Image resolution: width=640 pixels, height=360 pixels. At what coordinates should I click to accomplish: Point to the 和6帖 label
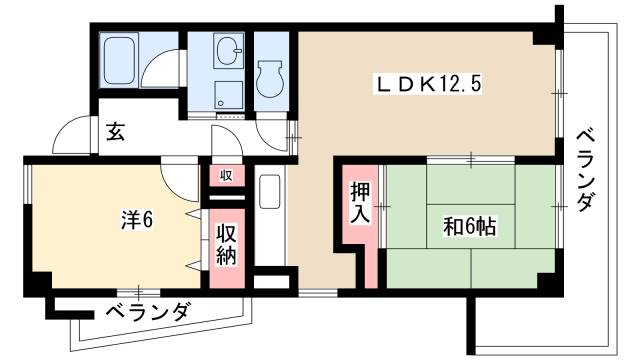(470, 227)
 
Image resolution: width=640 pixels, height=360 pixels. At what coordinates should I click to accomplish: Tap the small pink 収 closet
(226, 175)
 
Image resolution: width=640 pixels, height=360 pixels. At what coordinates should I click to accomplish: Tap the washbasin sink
(229, 50)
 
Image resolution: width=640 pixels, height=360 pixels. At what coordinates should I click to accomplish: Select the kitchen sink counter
(269, 204)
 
